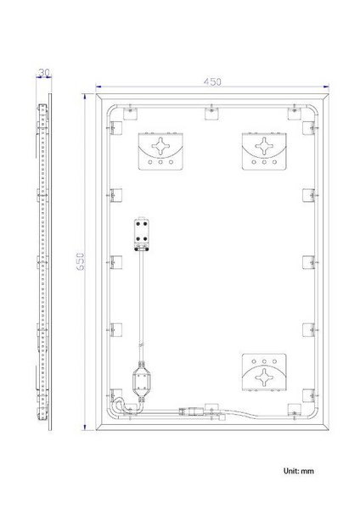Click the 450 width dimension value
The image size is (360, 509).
[x=212, y=81]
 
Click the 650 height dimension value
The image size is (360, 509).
[x=81, y=261]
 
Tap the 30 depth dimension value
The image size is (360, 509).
[x=44, y=73]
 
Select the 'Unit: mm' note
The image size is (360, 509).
[x=299, y=471]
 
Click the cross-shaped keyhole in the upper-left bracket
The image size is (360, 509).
[x=160, y=146]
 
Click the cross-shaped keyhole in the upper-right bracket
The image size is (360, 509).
[x=264, y=146]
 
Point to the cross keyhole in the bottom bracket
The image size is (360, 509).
[x=264, y=378]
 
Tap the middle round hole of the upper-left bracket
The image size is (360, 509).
[x=160, y=162]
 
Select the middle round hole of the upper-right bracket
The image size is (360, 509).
[x=264, y=162]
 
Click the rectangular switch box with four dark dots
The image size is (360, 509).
[x=142, y=234]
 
